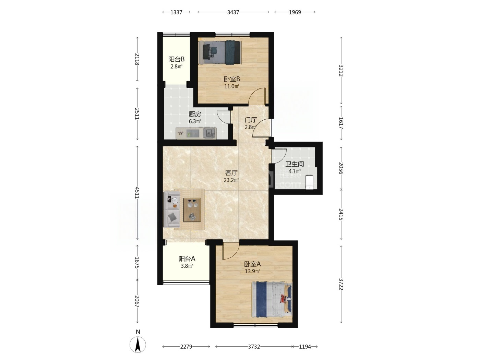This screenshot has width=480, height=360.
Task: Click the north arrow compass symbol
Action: pyautogui.click(x=137, y=344)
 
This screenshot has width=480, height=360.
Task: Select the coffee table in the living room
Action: pyautogui.click(x=192, y=210)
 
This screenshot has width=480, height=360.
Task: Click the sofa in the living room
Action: pyautogui.click(x=172, y=209)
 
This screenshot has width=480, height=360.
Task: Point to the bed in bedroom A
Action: pyautogui.click(x=272, y=299)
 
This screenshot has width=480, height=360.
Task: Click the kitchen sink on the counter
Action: pyautogui.click(x=209, y=133)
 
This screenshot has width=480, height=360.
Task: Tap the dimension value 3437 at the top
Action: pyautogui.click(x=233, y=12)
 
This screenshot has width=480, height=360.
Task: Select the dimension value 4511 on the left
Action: pyautogui.click(x=137, y=193)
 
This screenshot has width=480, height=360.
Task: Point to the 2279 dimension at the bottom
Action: pyautogui.click(x=186, y=347)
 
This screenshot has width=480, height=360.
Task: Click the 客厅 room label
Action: pyautogui.click(x=231, y=173)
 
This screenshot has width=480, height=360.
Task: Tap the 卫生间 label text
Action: pyautogui.click(x=294, y=164)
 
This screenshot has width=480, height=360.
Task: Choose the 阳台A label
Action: pyautogui.click(x=187, y=259)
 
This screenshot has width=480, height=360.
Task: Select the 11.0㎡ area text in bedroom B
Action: pyautogui.click(x=232, y=86)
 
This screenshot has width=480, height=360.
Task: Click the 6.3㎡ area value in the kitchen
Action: pyautogui.click(x=195, y=121)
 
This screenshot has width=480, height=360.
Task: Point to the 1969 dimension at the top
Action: pyautogui.click(x=295, y=12)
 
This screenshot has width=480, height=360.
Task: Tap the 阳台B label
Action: pyautogui.click(x=177, y=59)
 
